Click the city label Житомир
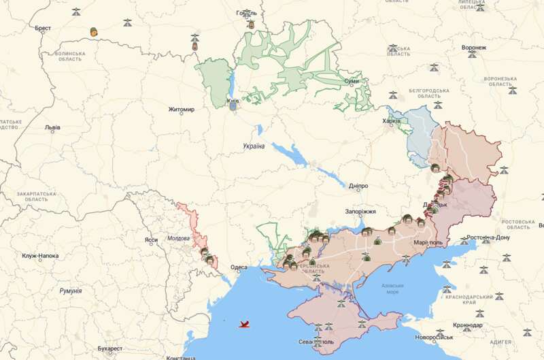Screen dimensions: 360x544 coord(181,110)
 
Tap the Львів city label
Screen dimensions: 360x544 coord(52,127)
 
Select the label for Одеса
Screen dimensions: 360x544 coord(239,267)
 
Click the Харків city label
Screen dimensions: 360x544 coord(392,121)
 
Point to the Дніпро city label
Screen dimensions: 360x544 coord(358,186)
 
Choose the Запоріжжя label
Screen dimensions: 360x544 coord(360,212)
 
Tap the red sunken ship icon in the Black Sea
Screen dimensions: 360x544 coord(243,324)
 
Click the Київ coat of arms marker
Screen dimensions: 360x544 coord(233,105)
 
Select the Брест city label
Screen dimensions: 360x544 coord(43,28)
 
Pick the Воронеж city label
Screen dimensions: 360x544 coord(473,48)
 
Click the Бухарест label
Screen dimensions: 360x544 coord(109,348)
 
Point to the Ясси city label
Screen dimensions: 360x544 coord(151,240)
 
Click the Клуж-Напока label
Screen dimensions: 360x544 coord(40,257)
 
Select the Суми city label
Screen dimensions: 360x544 coord(352,82)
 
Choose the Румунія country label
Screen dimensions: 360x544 coord(70,291)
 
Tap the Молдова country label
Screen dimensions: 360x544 coord(179,239)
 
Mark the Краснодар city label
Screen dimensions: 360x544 coord(467,325)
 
